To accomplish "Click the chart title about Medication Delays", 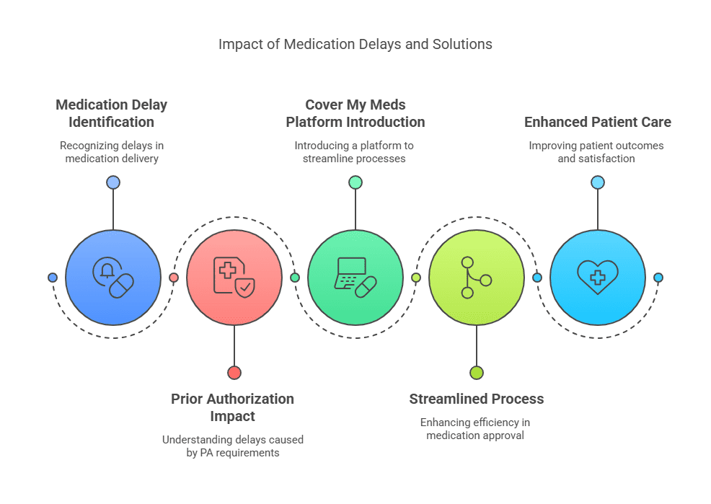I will pos(355,45).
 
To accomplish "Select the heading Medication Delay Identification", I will pos(112,113).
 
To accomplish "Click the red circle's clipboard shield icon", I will pos(234,278).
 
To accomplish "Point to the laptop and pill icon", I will pos(355,278).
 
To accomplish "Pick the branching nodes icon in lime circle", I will pos(476,278).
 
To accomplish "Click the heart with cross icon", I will pos(597,278).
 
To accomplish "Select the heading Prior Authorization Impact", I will pos(232,407).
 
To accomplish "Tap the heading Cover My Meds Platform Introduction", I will pos(355,113).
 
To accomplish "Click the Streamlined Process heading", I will pos(476,399).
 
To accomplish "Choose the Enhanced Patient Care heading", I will pos(597,122).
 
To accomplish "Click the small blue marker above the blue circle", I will pos(113,182).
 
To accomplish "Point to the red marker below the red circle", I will pos(234,373).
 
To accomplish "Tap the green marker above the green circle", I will pos(355,182).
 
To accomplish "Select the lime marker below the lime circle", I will pos(476,373).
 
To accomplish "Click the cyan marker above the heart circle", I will pos(597,182).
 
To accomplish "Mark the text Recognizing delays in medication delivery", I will pos(112,152).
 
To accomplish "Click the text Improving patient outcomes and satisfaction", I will pos(596,152).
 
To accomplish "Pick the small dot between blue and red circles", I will pos(173,278).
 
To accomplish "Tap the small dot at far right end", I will pos(658,278).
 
